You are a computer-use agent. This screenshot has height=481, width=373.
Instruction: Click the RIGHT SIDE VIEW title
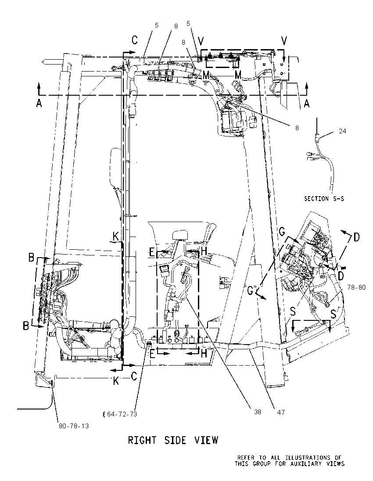pyautogui.click(x=173, y=440)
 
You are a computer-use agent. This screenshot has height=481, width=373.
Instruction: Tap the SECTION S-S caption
pyautogui.click(x=324, y=199)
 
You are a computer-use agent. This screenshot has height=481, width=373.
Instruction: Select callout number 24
pyautogui.click(x=342, y=131)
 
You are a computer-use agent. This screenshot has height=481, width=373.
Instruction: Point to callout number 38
pyautogui.click(x=258, y=412)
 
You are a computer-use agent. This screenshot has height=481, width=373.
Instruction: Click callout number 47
pyautogui.click(x=281, y=412)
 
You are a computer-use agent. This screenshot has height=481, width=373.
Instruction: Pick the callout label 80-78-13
pyautogui.click(x=74, y=426)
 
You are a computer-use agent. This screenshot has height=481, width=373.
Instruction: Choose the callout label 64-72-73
pyautogui.click(x=122, y=414)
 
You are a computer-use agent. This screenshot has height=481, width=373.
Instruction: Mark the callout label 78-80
pyautogui.click(x=356, y=287)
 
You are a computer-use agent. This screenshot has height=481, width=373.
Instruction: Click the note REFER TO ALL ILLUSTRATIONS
pyautogui.click(x=290, y=458)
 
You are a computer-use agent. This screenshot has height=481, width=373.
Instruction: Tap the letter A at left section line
pyautogui.click(x=39, y=104)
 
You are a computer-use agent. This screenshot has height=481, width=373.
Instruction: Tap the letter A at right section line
pyautogui.click(x=306, y=104)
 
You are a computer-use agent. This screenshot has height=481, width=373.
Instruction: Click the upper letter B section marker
pyautogui.click(x=31, y=258)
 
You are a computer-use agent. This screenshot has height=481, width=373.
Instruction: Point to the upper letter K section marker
pyautogui.click(x=116, y=237)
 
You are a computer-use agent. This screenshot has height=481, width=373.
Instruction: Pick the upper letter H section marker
pyautogui.click(x=204, y=251)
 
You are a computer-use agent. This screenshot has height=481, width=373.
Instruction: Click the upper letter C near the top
pyautogui.click(x=135, y=40)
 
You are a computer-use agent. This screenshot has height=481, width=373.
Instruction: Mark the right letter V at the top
pyautogui.click(x=284, y=40)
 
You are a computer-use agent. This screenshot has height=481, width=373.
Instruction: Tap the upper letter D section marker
pyautogui.click(x=356, y=237)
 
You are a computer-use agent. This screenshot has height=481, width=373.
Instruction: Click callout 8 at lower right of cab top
pyautogui.click(x=297, y=128)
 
